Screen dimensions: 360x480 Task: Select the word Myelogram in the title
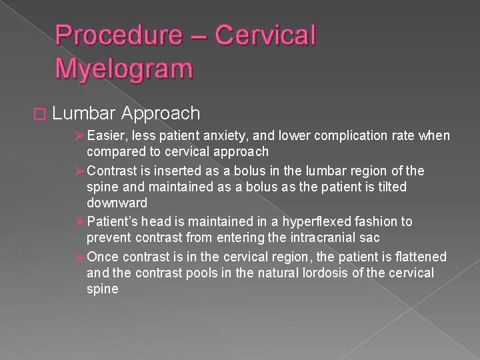pyautogui.click(x=124, y=68)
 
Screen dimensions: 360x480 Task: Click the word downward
pyautogui.click(x=117, y=203)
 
